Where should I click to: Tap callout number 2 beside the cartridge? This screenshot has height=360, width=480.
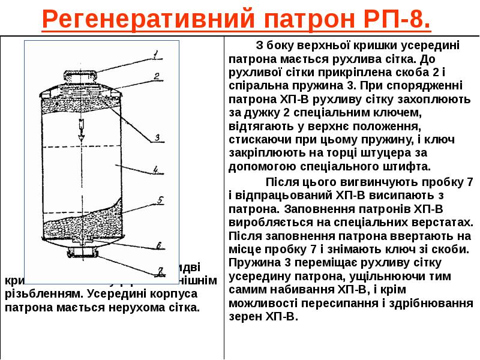coord(155,76)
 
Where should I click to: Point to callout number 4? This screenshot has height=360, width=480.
coord(155,170)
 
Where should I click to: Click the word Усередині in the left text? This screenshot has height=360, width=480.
coord(116,294)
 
